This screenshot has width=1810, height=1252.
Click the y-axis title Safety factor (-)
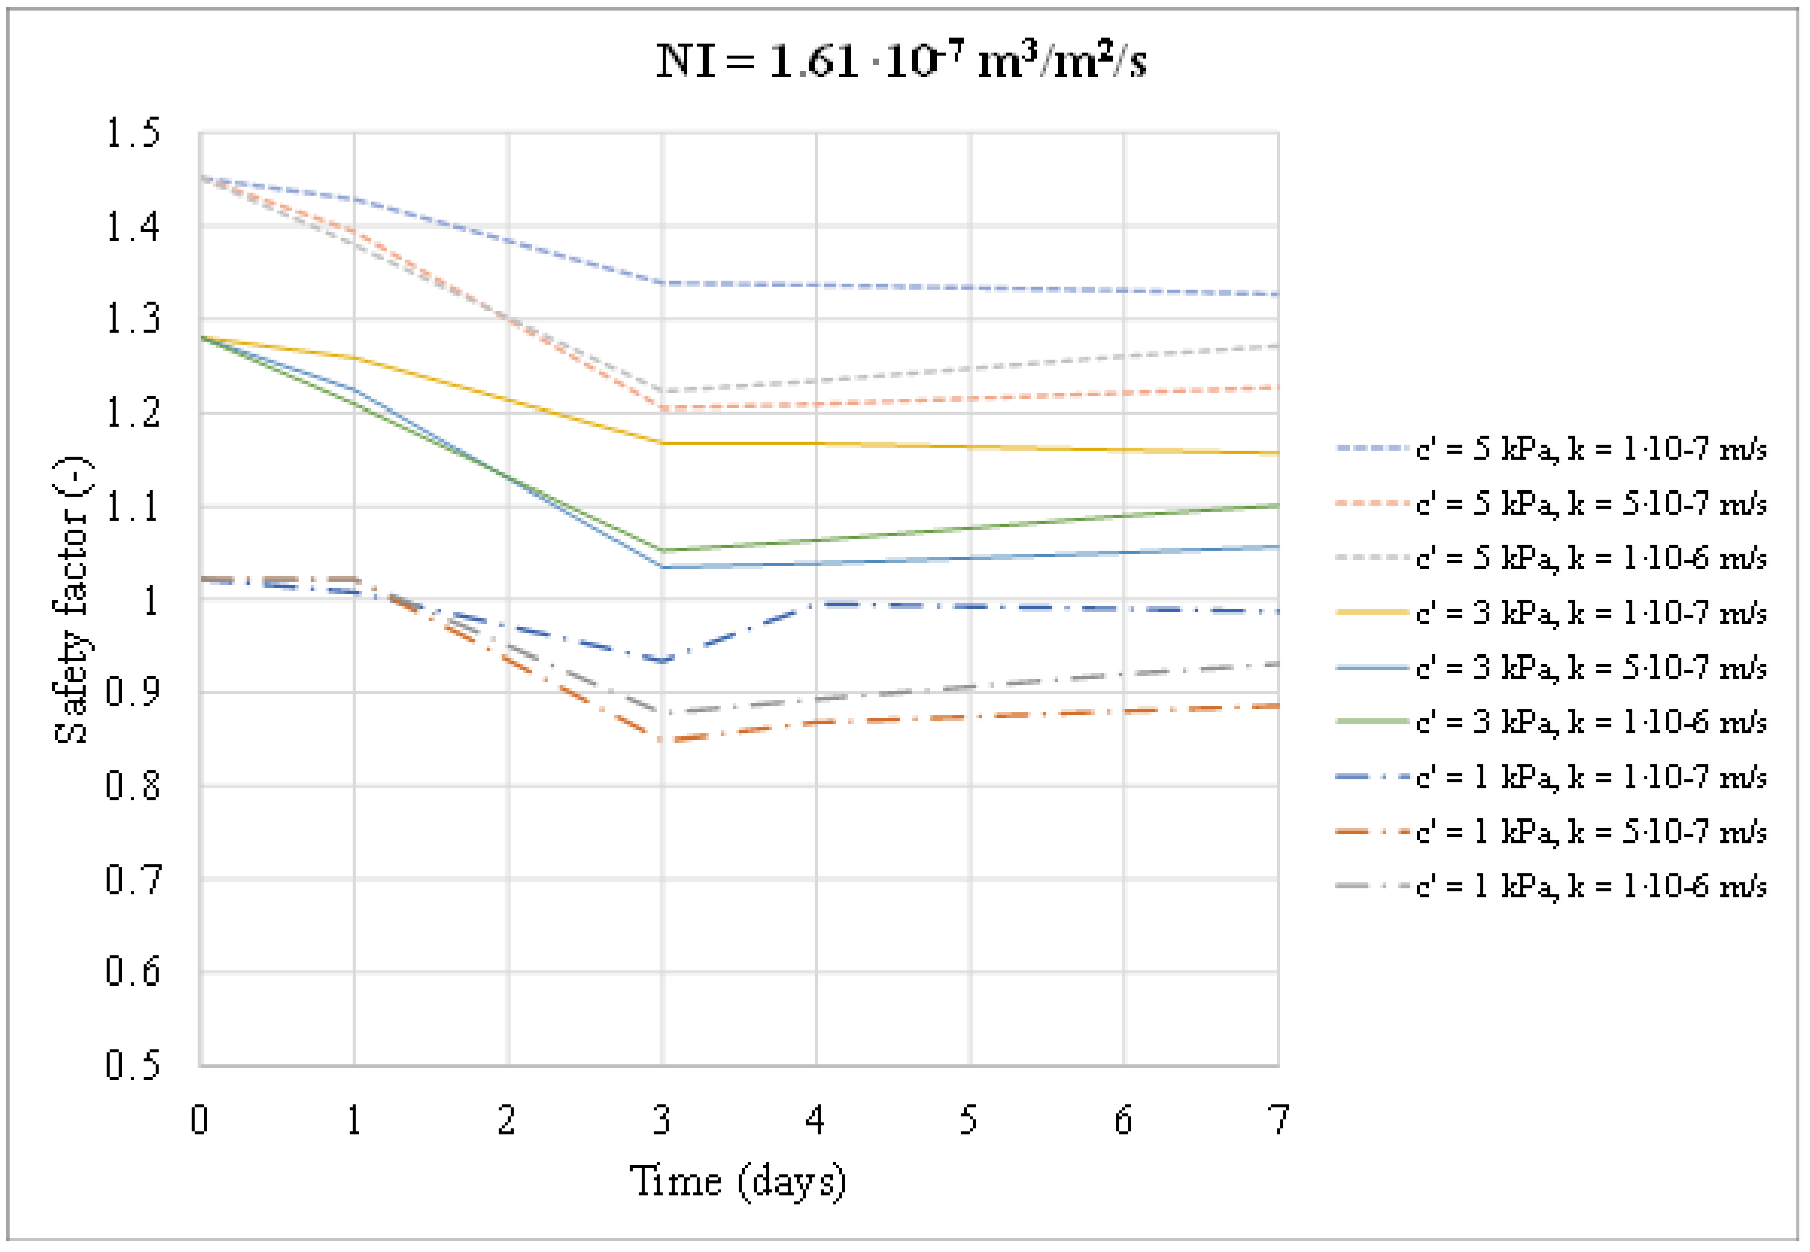tap(72, 600)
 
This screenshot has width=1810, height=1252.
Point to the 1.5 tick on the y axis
tap(133, 134)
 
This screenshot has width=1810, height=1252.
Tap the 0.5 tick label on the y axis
tap(133, 1065)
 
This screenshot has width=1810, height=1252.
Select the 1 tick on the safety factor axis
tap(149, 601)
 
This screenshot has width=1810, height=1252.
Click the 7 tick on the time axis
tap(1279, 1120)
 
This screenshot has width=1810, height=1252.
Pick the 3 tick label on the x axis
tap(662, 1120)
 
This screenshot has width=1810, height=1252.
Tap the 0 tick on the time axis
tap(200, 1120)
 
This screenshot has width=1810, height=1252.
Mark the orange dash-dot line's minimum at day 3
tap(663, 740)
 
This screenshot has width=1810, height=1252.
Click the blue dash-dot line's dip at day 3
tap(663, 661)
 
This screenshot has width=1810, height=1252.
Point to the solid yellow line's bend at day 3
tap(663, 443)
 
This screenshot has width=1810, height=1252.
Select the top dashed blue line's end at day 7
tap(1278, 295)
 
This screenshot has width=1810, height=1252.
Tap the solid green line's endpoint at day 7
tap(1278, 505)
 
